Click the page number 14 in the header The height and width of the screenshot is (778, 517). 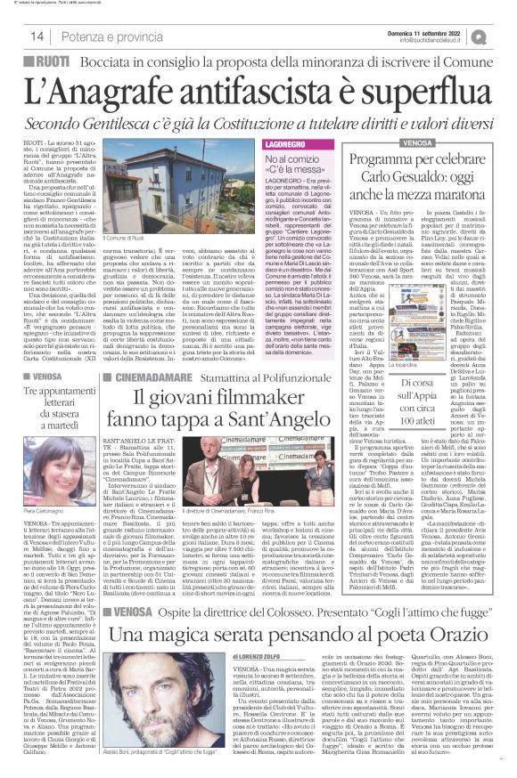pyautogui.click(x=37, y=36)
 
